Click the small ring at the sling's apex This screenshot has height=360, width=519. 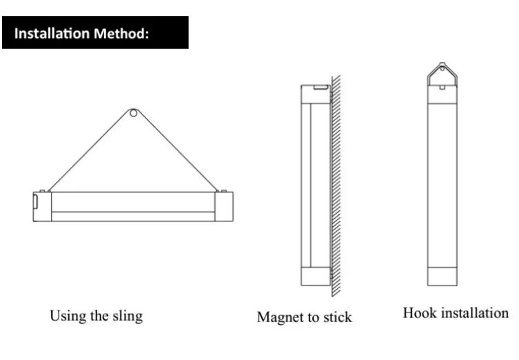pos(133,112)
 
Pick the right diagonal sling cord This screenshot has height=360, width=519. pos(176,152)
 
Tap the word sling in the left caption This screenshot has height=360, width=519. pos(127,316)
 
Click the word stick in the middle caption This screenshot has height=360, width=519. pos(336,317)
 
